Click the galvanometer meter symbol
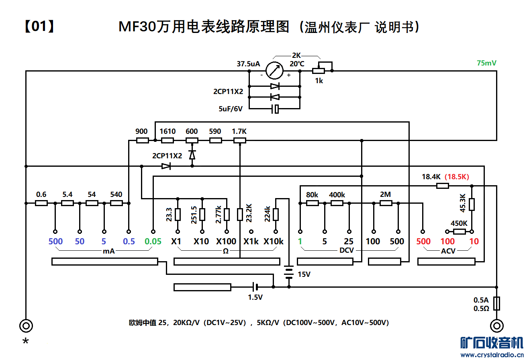(x=275, y=71)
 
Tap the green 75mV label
(x=486, y=63)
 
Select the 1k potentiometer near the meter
(x=319, y=71)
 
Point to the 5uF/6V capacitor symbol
(x=275, y=109)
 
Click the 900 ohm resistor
(x=142, y=140)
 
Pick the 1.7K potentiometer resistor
(x=239, y=140)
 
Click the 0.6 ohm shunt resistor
(x=41, y=203)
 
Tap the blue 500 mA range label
(x=55, y=241)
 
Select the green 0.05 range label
(x=153, y=241)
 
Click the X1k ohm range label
(x=251, y=241)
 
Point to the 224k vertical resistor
(x=276, y=215)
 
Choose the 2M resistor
(x=386, y=203)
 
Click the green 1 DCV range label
(x=300, y=241)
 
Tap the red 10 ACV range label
(x=474, y=241)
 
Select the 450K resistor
(x=459, y=231)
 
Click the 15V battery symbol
(x=289, y=272)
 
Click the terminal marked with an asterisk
(x=26, y=325)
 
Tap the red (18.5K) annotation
(x=457, y=176)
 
